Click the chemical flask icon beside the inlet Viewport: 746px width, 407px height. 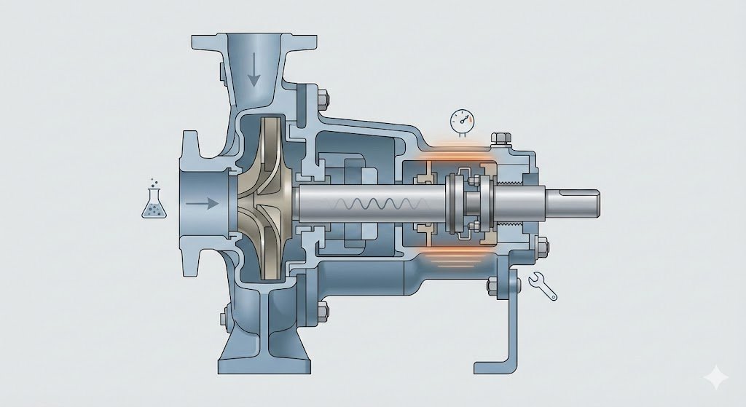pyautogui.click(x=152, y=201)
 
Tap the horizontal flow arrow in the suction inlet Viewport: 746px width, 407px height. pyautogui.click(x=202, y=204)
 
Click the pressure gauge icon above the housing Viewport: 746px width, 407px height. pyautogui.click(x=460, y=120)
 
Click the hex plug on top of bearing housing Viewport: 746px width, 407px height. pyautogui.click(x=500, y=138)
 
